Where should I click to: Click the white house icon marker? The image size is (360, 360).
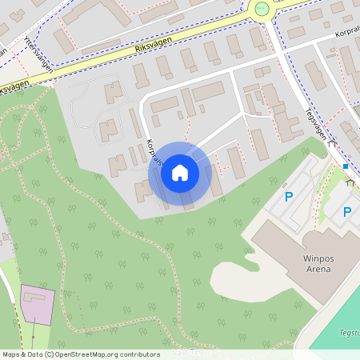pyautogui.click(x=179, y=173)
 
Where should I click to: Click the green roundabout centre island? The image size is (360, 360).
pyautogui.click(x=261, y=9)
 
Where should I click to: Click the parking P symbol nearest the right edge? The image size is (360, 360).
pyautogui.click(x=347, y=212)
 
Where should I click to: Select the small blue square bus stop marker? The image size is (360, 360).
pyautogui.click(x=346, y=166)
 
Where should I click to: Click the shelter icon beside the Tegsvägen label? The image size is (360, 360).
pyautogui.click(x=333, y=143)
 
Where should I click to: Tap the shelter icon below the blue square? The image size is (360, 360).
pyautogui.click(x=349, y=182)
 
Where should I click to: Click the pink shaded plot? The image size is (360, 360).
pyautogui.click(x=37, y=304)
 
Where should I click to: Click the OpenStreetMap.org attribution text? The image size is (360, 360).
pyautogui.click(x=103, y=354)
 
